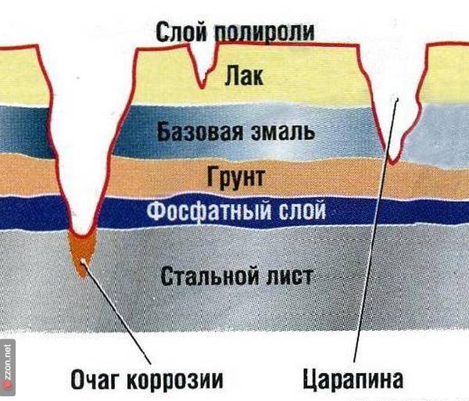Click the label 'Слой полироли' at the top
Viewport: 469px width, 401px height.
(x=234, y=31)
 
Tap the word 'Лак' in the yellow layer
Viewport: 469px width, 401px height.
(x=243, y=77)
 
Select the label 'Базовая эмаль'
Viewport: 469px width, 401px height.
(x=236, y=130)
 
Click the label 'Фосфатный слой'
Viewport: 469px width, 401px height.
(x=236, y=211)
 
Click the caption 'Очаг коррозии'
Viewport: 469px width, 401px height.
(x=147, y=380)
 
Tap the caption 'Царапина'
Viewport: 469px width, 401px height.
(x=353, y=380)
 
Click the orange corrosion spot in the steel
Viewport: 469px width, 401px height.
(x=81, y=251)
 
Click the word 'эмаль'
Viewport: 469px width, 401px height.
(x=284, y=130)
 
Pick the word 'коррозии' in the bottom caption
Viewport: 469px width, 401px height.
(x=181, y=380)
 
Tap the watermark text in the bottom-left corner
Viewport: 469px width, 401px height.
(x=8, y=367)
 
